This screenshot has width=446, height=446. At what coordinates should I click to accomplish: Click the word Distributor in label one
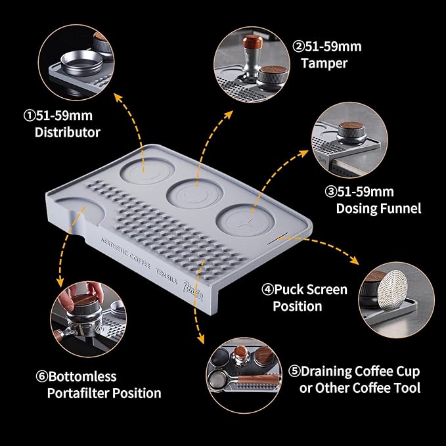click(x=66, y=132)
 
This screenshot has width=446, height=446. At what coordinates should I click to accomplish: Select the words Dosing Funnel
click(x=378, y=208)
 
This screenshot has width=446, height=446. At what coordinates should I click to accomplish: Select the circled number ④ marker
click(x=268, y=289)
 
